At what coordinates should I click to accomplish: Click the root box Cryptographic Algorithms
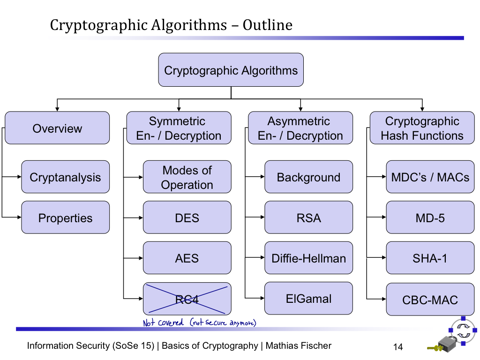pyautogui.click(x=231, y=70)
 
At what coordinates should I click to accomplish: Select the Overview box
pyautogui.click(x=57, y=128)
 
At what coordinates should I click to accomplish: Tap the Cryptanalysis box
pyautogui.click(x=65, y=177)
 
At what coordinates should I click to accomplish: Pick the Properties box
pyautogui.click(x=65, y=217)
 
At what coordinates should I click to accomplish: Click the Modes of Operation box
pyautogui.click(x=187, y=177)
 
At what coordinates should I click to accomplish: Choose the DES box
pyautogui.click(x=187, y=217)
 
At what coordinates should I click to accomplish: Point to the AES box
pyautogui.click(x=187, y=258)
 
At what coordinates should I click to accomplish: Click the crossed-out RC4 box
pyautogui.click(x=187, y=299)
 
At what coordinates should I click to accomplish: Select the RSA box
pyautogui.click(x=308, y=217)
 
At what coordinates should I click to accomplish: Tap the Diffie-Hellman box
pyautogui.click(x=308, y=258)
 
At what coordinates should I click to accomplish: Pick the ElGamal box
pyautogui.click(x=308, y=299)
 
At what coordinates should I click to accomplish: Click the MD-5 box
pyautogui.click(x=430, y=217)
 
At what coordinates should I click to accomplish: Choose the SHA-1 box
pyautogui.click(x=430, y=258)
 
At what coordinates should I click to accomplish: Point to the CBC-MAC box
pyautogui.click(x=430, y=300)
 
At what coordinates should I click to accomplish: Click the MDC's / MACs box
pyautogui.click(x=430, y=177)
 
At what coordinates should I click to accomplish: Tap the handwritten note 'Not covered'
pyautogui.click(x=163, y=323)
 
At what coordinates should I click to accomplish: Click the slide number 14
pyautogui.click(x=397, y=347)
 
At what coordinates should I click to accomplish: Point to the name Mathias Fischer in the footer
pyautogui.click(x=298, y=346)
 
